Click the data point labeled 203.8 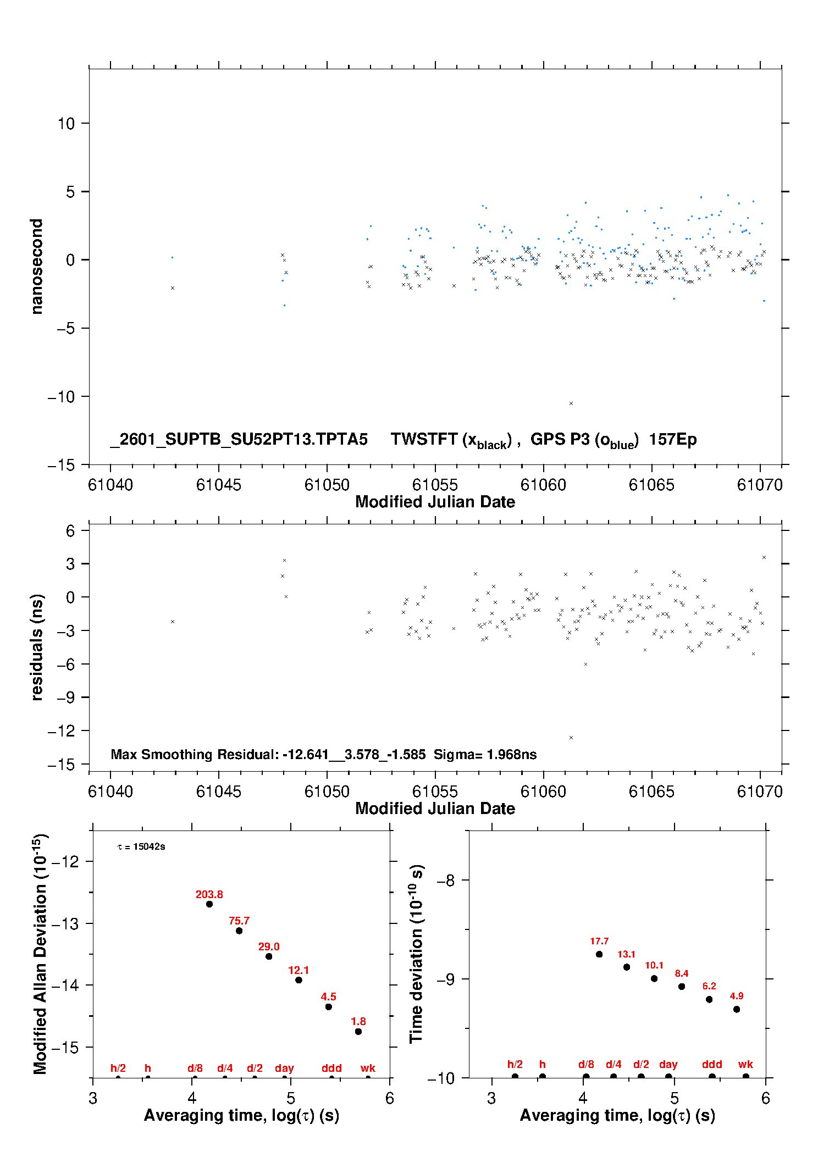(x=209, y=904)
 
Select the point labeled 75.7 (x=239, y=931)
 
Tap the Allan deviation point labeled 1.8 (x=358, y=1032)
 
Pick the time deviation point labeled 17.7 (x=599, y=954)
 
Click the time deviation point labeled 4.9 (x=737, y=1009)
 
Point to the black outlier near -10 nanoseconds (x=571, y=403)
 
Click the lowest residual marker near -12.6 (x=571, y=738)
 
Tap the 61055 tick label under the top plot (x=435, y=485)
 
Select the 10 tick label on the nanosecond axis (x=66, y=124)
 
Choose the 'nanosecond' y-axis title (x=36, y=267)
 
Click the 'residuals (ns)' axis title (x=36, y=647)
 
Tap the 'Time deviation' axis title (x=416, y=954)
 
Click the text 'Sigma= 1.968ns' (x=485, y=755)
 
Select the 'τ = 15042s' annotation (x=141, y=846)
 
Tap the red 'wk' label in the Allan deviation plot (x=368, y=1068)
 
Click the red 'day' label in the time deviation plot (x=668, y=1064)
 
